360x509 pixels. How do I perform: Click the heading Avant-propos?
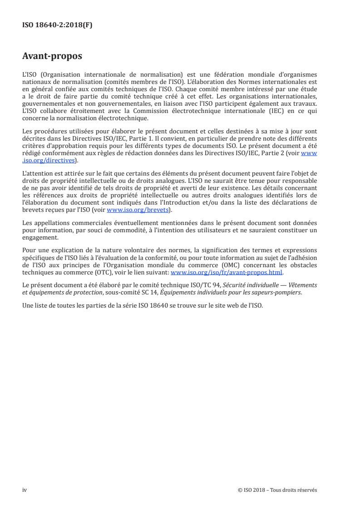point(52,57)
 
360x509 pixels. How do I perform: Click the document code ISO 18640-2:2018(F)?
point(57,25)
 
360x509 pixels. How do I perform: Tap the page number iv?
point(25,490)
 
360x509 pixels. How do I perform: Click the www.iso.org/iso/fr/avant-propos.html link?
point(226,273)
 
